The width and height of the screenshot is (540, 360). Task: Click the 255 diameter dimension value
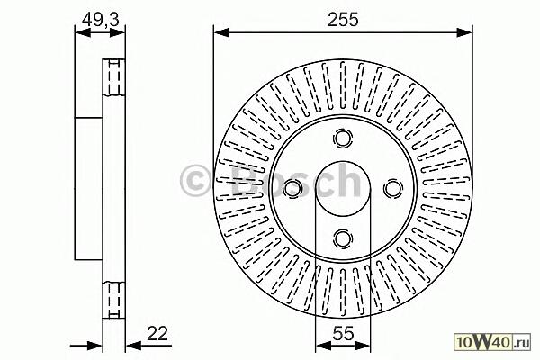(343, 19)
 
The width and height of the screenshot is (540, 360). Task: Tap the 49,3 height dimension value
(101, 19)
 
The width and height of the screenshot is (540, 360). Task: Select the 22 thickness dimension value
(157, 334)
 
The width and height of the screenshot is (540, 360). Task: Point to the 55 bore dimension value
(344, 334)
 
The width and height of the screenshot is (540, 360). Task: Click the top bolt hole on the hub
(343, 138)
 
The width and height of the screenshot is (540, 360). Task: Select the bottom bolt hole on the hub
(343, 238)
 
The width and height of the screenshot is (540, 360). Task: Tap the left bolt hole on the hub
(292, 188)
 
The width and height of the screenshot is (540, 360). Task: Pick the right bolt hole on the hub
(393, 188)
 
